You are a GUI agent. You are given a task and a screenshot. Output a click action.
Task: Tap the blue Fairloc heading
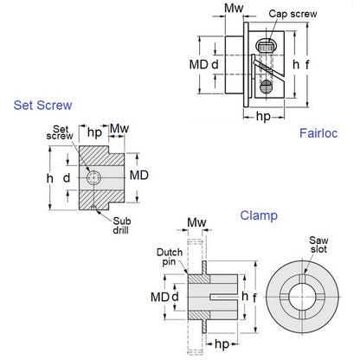click(318, 132)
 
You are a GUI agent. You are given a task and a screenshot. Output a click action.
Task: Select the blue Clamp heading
click(259, 215)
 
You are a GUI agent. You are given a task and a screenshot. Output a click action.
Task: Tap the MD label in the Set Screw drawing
click(138, 175)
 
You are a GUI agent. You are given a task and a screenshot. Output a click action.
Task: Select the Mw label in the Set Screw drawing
click(119, 130)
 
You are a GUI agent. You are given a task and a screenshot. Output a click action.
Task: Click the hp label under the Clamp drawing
click(222, 344)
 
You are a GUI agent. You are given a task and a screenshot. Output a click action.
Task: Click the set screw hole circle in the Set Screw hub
click(93, 178)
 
